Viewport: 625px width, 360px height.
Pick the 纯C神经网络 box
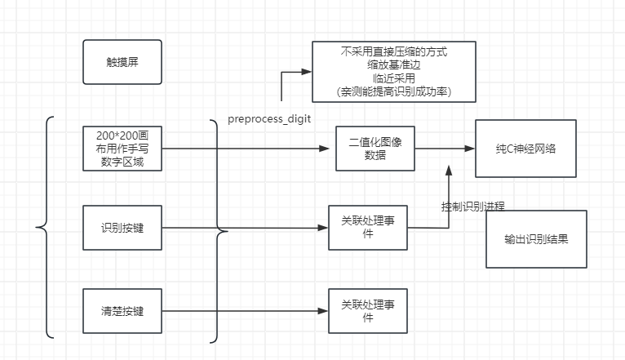[x=525, y=149]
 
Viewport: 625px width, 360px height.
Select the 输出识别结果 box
[x=536, y=240]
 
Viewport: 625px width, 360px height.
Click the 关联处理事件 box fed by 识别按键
[x=367, y=228]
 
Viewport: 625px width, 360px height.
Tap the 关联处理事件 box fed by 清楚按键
[x=367, y=311]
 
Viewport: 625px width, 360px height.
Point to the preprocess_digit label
[x=269, y=119]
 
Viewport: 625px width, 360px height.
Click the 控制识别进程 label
[x=477, y=207]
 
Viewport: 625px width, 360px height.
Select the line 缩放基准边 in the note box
[x=394, y=64]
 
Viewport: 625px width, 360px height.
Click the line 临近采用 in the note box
[x=394, y=78]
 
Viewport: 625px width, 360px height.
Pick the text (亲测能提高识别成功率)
[x=394, y=91]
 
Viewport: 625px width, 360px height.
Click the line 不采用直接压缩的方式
[x=394, y=51]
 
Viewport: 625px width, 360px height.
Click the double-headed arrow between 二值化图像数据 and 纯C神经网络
[x=444, y=149]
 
